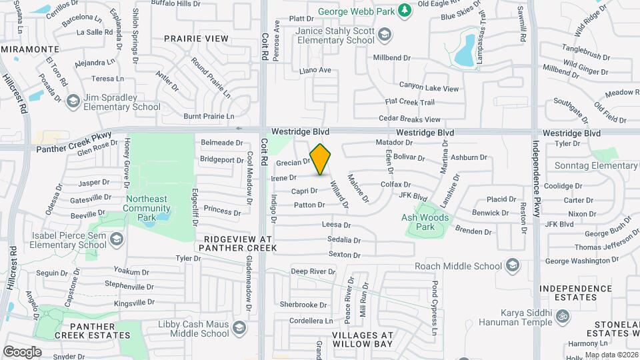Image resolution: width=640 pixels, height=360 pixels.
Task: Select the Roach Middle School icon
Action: coord(512,267)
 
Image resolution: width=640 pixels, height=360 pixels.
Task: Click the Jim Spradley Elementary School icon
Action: coord(73,101)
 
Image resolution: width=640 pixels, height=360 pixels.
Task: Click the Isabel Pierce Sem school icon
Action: coord(117,239)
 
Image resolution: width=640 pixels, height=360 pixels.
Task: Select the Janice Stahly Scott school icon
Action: coord(385,35)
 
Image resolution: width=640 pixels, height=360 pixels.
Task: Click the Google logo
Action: coord(22,351)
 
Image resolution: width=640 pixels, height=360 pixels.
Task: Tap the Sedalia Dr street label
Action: coord(344,240)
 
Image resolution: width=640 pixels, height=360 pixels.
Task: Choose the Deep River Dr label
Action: coord(313,271)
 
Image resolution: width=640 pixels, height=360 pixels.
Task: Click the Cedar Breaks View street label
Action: coord(409,119)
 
